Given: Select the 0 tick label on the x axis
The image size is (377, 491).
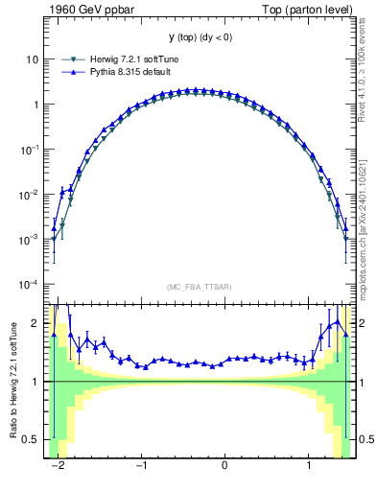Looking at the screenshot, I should click(224, 466).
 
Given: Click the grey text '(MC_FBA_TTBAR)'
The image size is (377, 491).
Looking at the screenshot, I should click(199, 287).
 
